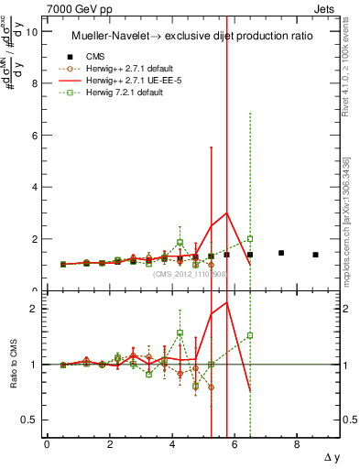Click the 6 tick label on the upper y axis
pos(34,135)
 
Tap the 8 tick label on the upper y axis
pos(34,83)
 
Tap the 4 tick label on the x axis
pos(172,443)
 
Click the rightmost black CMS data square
pos(315,255)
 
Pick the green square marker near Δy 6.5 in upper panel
pos(250,239)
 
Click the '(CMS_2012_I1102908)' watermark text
pos(190,273)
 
